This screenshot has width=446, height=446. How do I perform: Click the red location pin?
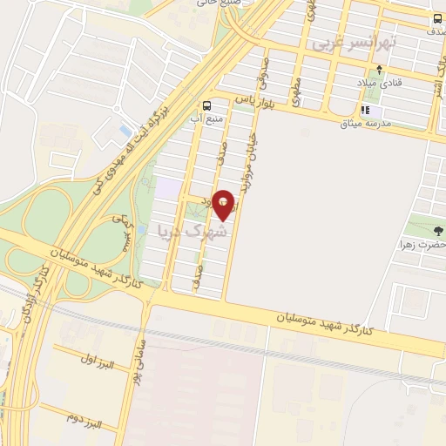[x=225, y=205]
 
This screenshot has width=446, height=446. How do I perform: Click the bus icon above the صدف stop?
[x=437, y=18]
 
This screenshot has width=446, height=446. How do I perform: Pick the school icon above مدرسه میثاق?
[x=366, y=111]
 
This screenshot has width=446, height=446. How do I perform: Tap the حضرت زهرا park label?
[x=422, y=246]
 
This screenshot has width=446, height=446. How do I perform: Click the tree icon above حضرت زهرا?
[x=437, y=231]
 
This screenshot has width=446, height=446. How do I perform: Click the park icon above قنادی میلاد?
[x=377, y=69]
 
